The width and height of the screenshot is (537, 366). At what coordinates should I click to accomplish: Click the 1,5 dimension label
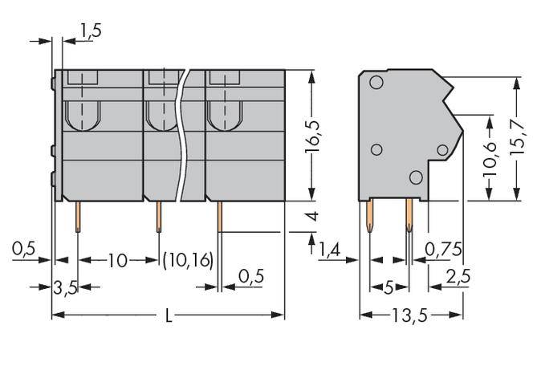(90, 31)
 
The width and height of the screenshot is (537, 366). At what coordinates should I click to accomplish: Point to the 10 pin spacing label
(117, 261)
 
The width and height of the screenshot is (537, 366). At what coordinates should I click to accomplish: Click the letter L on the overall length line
(167, 316)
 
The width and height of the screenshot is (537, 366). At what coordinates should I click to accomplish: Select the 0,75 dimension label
(443, 250)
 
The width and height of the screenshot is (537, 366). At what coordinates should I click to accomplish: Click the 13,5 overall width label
(410, 316)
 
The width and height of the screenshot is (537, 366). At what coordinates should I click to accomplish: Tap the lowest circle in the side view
(414, 177)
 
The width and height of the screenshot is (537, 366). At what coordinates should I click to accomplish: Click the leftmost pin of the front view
(77, 216)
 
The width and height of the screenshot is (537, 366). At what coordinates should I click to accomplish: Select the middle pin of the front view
(158, 216)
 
